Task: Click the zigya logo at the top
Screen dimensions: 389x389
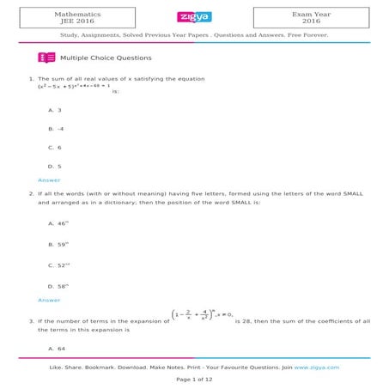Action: [x=194, y=16]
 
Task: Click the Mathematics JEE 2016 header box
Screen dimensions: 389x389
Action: [x=76, y=17]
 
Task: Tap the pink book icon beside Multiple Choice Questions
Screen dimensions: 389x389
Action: [x=46, y=58]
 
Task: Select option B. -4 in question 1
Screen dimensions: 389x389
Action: [x=57, y=129]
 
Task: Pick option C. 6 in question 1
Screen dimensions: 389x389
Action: [x=56, y=147]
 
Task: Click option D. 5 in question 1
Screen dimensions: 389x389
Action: [x=56, y=165]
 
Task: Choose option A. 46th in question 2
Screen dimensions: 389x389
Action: [x=59, y=223]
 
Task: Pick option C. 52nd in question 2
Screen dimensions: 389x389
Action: [x=59, y=265]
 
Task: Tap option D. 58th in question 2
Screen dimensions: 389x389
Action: [x=59, y=286]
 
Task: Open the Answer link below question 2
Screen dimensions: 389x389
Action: [x=49, y=301]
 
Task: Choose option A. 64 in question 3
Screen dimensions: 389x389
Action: [x=58, y=349]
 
